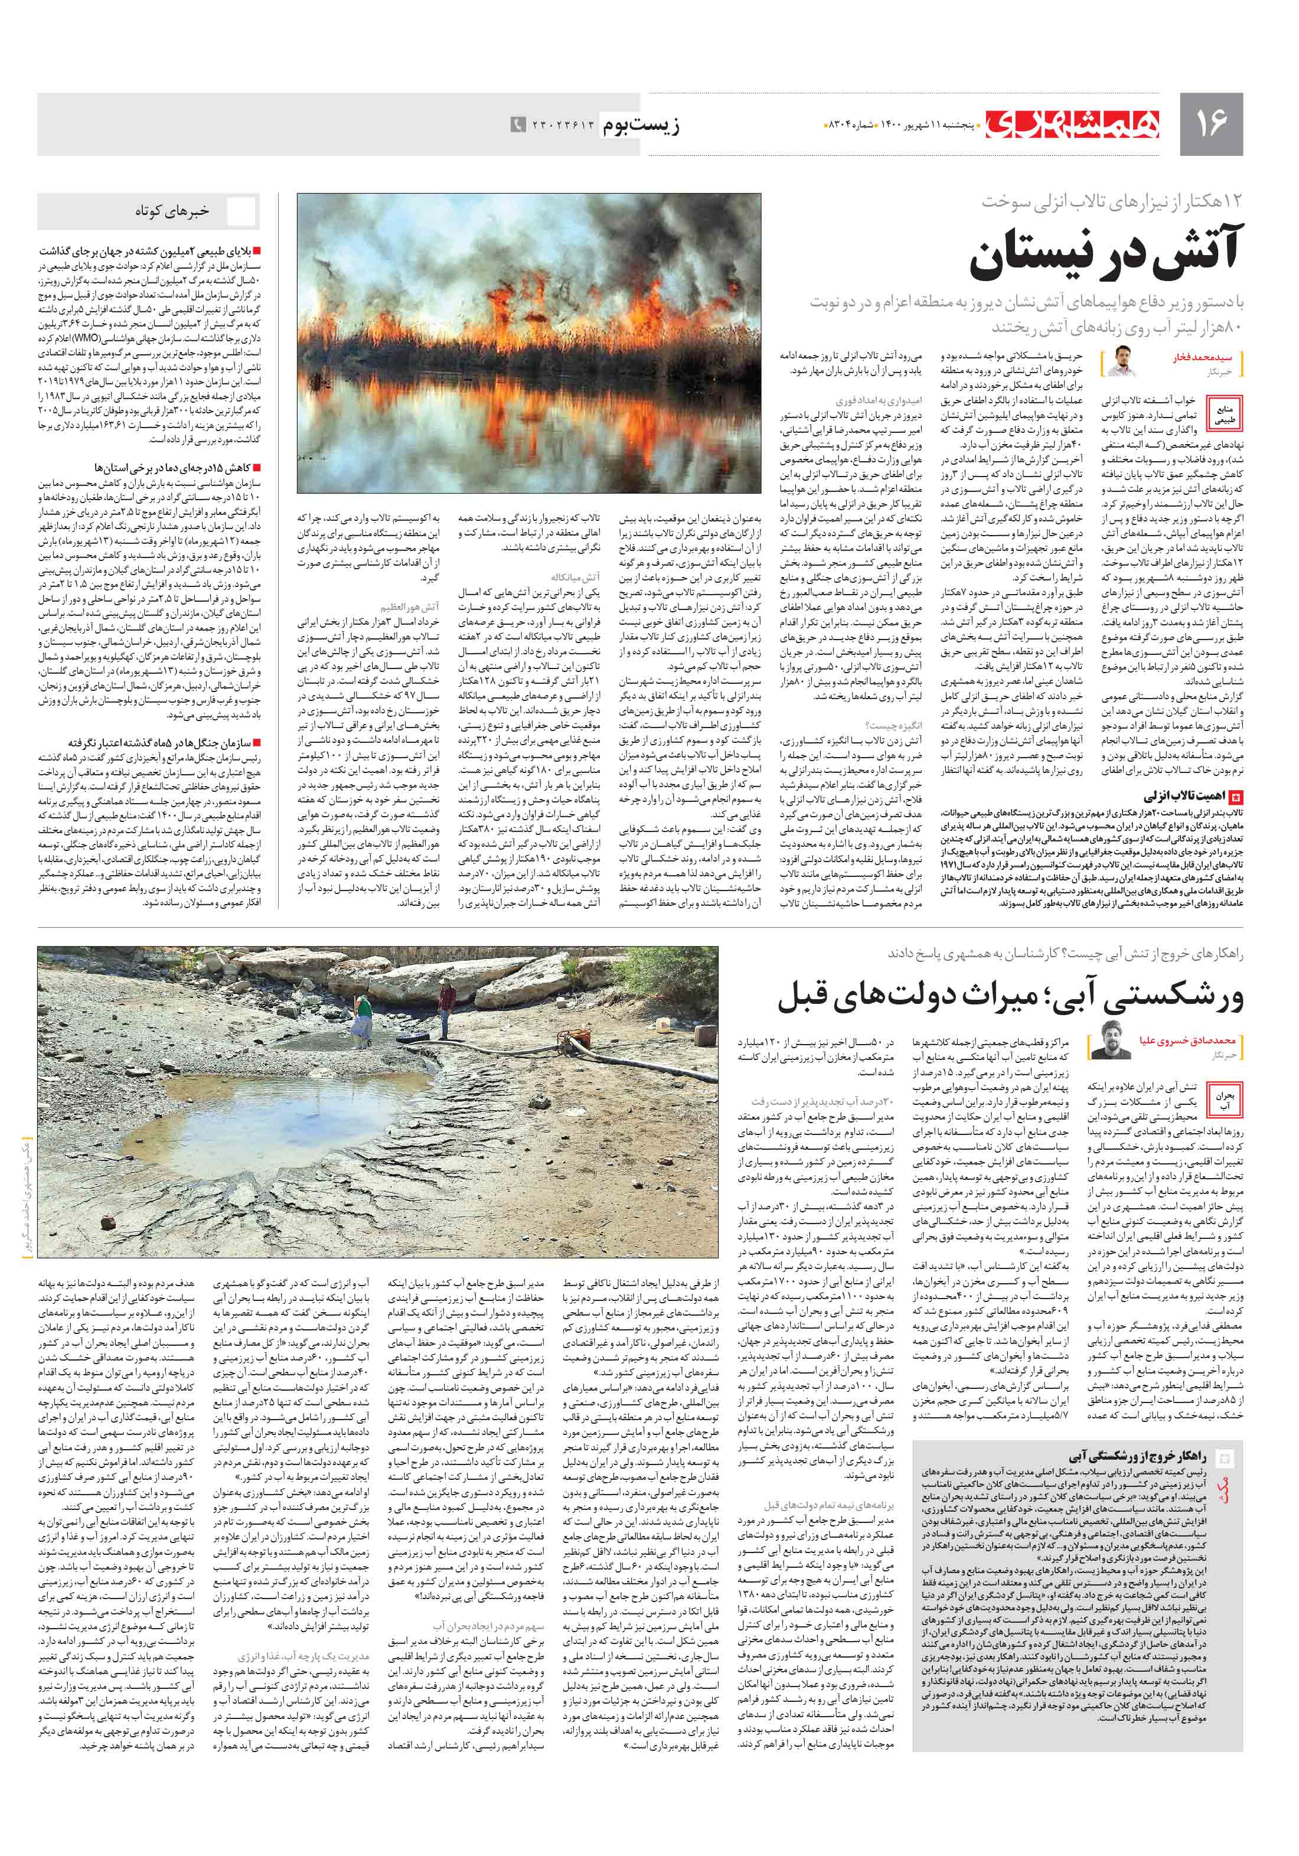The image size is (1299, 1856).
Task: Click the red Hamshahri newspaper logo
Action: tap(1073, 123)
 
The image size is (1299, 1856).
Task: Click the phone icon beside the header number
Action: tap(517, 125)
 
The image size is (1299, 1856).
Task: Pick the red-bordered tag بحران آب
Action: tap(1225, 1101)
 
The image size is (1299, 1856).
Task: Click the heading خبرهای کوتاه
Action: tap(172, 211)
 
